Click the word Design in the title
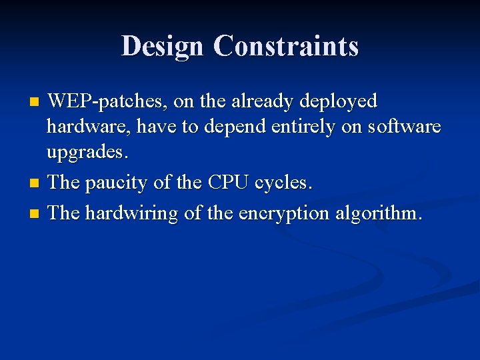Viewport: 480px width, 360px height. tap(163, 46)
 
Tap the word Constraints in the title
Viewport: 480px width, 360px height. tap(286, 46)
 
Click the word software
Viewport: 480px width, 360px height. tap(402, 127)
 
